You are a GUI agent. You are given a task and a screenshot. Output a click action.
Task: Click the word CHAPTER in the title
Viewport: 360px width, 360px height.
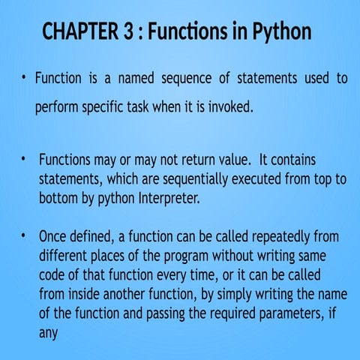(74, 32)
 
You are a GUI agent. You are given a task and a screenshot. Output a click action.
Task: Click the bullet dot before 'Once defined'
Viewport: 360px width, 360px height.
(24, 236)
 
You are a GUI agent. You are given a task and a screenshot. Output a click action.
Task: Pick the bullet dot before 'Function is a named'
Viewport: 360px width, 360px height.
(24, 78)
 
